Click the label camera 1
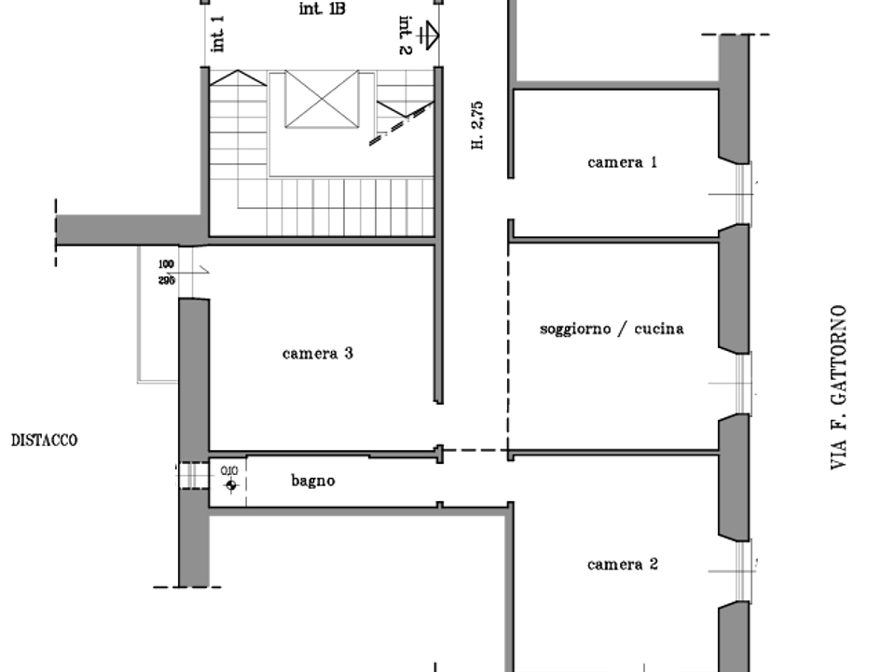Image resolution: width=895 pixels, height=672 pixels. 622,162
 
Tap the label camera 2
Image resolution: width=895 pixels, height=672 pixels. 622,565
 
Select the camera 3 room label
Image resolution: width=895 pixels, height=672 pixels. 317,354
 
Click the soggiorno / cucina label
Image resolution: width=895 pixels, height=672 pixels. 612,329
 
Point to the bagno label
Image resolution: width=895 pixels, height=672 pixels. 313,482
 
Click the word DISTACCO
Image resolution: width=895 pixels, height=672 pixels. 45,440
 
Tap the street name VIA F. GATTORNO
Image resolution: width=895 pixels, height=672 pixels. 838,387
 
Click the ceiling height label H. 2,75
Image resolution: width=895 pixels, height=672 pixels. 477,125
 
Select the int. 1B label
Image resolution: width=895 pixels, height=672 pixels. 322,8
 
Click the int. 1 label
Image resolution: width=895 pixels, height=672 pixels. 217,34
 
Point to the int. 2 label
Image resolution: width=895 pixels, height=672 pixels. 405,35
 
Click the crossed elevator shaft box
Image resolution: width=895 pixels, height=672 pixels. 322,99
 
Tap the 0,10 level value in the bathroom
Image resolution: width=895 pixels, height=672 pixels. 229,470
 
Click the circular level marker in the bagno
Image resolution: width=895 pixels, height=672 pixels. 231,485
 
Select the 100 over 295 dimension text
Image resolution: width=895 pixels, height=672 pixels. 166,273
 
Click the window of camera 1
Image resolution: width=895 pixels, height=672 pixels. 741,194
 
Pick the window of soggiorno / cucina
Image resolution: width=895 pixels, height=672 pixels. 742,383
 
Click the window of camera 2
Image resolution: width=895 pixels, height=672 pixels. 742,571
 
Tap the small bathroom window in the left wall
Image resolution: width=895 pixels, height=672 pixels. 193,475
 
